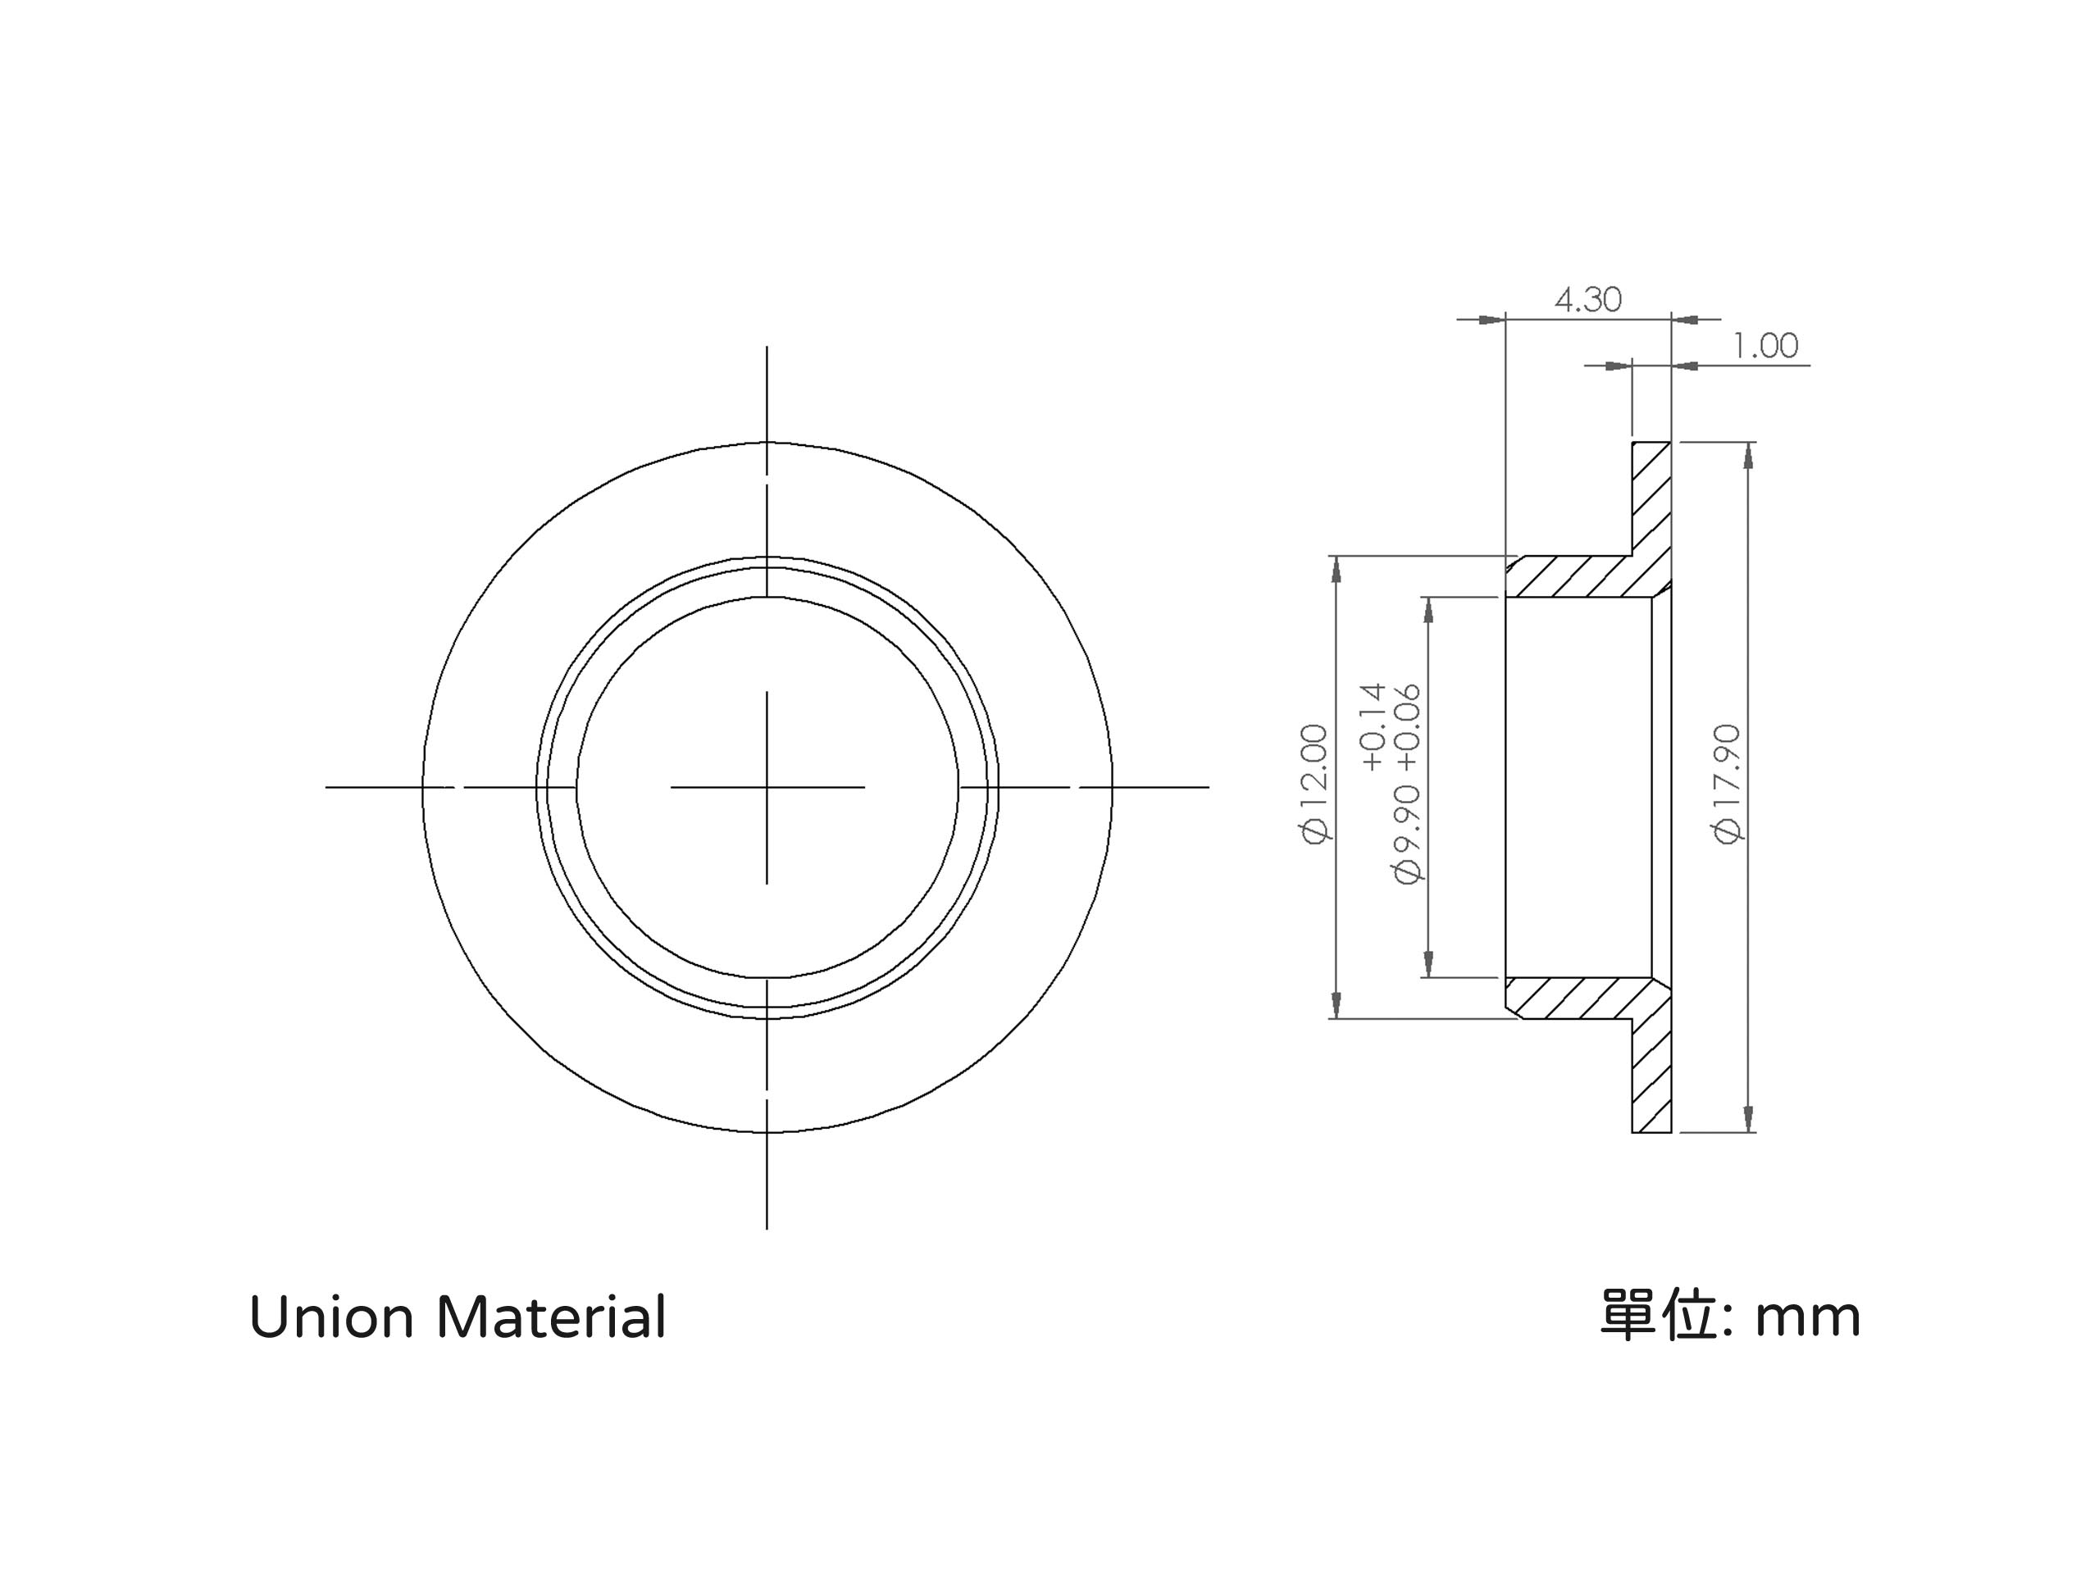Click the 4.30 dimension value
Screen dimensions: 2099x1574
(1587, 300)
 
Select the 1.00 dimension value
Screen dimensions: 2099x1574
(1765, 345)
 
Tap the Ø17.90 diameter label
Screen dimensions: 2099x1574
(1727, 783)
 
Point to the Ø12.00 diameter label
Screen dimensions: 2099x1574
(1315, 783)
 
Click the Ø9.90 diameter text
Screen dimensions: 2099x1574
(1407, 833)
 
